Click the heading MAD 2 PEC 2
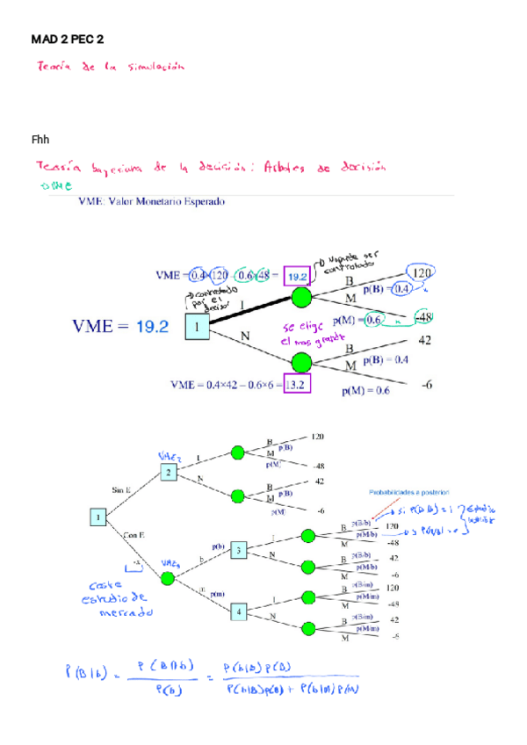coord(68,40)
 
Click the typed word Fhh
coord(40,139)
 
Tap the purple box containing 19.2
coord(297,275)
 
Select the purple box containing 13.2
coord(296,383)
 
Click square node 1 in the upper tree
coord(198,326)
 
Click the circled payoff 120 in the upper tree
coord(422,273)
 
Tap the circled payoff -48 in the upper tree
coord(424,316)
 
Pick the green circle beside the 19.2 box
coord(301,297)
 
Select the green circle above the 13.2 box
coord(301,361)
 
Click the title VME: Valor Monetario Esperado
coord(151,201)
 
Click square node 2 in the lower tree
coord(170,473)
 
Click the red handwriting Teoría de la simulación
coord(110,66)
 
